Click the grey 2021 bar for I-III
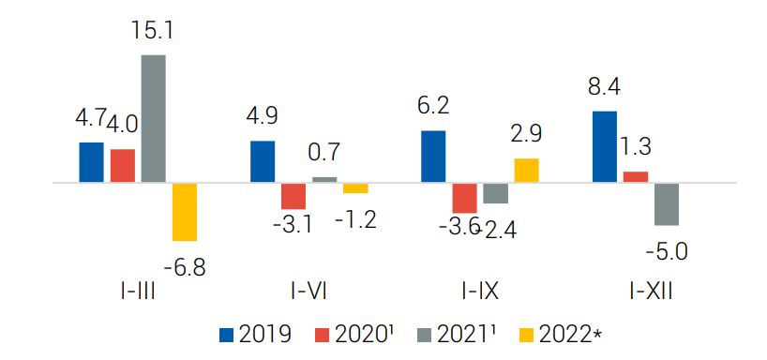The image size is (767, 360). [x=153, y=119]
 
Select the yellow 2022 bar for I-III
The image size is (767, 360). [x=185, y=212]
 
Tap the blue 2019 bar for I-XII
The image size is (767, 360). [x=605, y=147]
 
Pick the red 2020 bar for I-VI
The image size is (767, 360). [x=293, y=196]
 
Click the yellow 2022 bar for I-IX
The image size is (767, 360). [x=527, y=171]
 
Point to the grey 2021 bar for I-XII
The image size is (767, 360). [x=667, y=204]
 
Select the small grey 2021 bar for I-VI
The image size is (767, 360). [x=324, y=179]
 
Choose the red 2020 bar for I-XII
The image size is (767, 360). [x=636, y=177]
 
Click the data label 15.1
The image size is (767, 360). [x=153, y=30]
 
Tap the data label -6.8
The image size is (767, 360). [x=186, y=268]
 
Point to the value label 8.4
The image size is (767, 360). [x=604, y=89]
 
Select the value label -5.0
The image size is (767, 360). [x=667, y=253]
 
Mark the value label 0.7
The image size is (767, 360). [x=324, y=154]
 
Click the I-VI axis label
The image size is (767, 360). [x=308, y=293]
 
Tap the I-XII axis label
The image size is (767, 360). [x=651, y=293]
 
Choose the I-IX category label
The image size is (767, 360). [x=480, y=293]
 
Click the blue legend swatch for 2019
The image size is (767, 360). [x=227, y=335]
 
